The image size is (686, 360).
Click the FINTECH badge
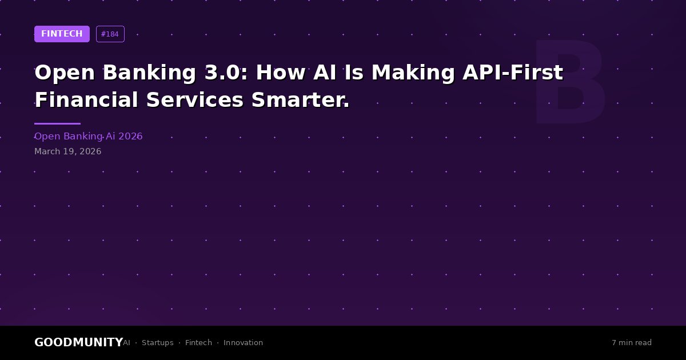(x=62, y=34)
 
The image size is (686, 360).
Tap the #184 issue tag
(x=110, y=34)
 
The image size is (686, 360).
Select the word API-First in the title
(x=513, y=73)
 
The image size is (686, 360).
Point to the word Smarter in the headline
(x=300, y=100)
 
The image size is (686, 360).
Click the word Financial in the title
(x=86, y=100)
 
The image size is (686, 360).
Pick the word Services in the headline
(x=195, y=100)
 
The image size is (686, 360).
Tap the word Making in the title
(x=413, y=74)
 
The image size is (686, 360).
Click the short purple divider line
(x=58, y=123)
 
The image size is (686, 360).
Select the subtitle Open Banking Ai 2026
(x=89, y=136)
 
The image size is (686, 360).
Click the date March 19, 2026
(x=67, y=151)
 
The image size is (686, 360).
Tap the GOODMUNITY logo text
(x=79, y=342)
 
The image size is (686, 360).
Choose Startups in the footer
(x=158, y=343)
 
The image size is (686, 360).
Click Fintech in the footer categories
(x=198, y=342)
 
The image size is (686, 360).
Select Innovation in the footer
(x=243, y=342)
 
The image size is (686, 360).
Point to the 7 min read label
(x=632, y=342)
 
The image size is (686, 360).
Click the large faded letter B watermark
(x=569, y=82)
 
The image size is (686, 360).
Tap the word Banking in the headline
(x=149, y=74)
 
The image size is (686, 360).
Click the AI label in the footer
(x=126, y=342)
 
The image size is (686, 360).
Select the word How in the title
(x=281, y=73)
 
